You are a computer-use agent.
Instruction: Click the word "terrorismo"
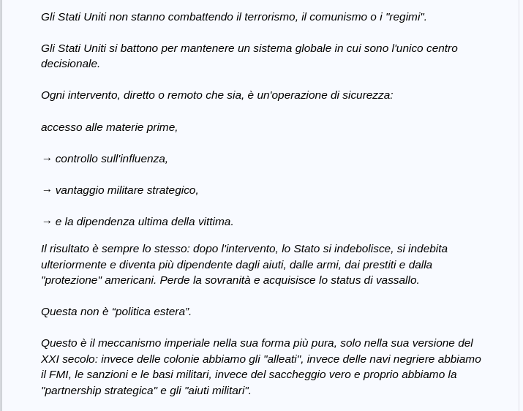coord(270,17)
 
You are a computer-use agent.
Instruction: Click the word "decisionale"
coord(70,64)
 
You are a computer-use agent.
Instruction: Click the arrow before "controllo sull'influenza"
coord(47,159)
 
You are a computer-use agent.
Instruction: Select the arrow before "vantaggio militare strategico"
coord(47,190)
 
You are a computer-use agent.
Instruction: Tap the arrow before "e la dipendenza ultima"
coord(47,222)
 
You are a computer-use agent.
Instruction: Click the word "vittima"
coord(214,222)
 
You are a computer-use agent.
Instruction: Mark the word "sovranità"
coord(222,280)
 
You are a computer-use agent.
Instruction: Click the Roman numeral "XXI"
coord(51,359)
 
